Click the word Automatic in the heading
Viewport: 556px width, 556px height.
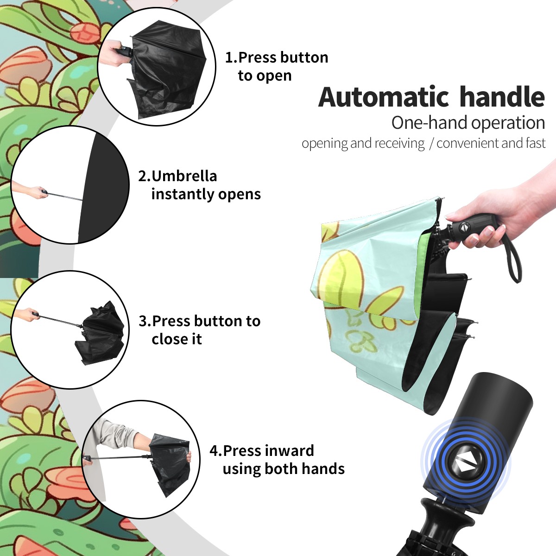pyautogui.click(x=384, y=97)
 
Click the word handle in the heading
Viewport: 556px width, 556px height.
pyautogui.click(x=502, y=96)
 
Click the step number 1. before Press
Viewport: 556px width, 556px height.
pyautogui.click(x=231, y=57)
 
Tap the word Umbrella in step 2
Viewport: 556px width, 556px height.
pyautogui.click(x=184, y=176)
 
